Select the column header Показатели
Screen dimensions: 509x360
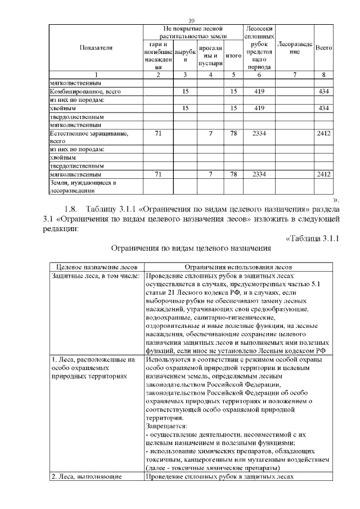(95, 48)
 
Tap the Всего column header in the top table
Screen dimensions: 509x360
(323, 48)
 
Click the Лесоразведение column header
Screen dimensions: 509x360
(295, 48)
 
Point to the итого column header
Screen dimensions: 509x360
(233, 56)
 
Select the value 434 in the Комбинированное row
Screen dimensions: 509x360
(323, 91)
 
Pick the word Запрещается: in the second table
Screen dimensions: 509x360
(163, 426)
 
